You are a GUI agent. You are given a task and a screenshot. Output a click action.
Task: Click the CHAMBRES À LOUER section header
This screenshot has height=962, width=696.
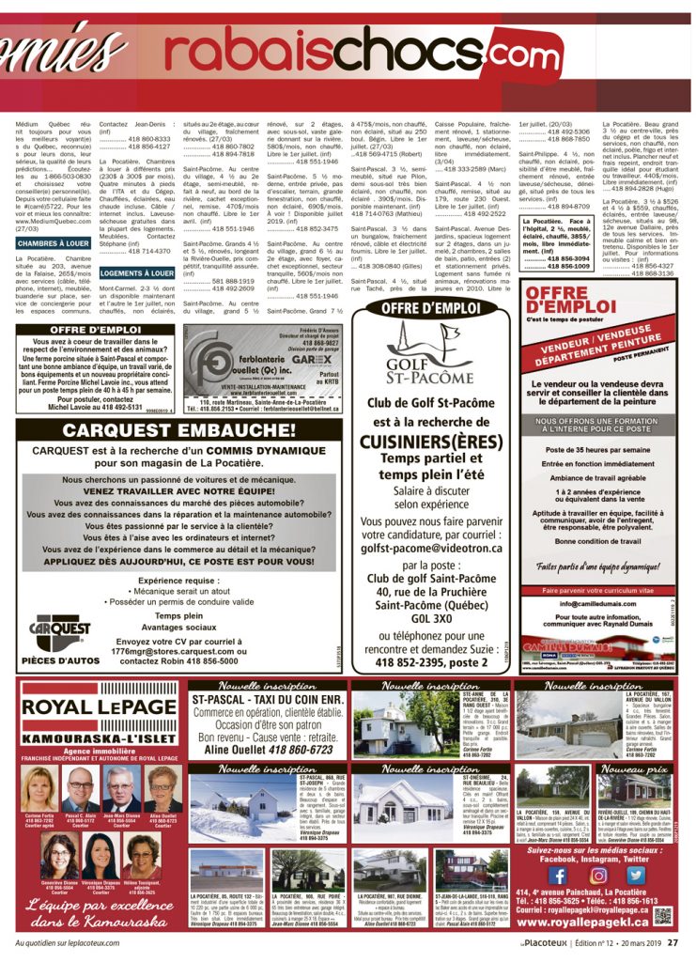(53, 243)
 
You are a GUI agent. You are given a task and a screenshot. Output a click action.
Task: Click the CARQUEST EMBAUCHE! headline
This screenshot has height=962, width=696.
(177, 430)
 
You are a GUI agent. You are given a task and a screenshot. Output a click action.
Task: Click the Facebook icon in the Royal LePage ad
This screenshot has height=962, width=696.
(557, 874)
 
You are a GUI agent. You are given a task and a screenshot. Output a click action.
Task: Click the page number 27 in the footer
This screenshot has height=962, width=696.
(673, 944)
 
